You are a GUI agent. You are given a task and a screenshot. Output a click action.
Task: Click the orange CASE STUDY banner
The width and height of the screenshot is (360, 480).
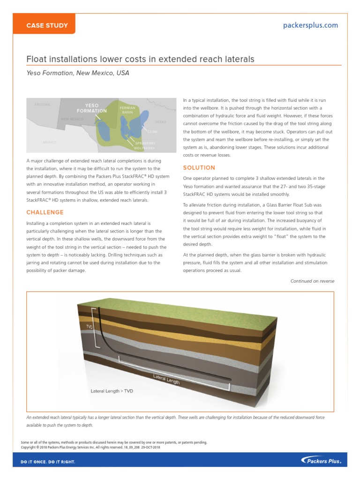[x=47, y=25]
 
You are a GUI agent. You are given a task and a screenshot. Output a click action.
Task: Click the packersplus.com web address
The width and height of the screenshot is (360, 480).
[x=310, y=25]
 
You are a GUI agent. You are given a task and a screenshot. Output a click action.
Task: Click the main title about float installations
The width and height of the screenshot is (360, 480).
[x=140, y=59]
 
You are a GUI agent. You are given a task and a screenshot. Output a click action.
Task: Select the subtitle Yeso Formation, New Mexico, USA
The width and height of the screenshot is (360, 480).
[x=77, y=73]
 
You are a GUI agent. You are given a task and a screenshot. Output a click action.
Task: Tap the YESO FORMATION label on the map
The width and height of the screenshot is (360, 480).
[x=92, y=108]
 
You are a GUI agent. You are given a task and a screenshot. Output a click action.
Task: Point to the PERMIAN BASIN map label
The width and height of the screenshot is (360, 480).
[x=127, y=110]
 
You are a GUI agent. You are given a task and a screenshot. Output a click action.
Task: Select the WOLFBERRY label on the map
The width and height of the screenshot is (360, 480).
[x=145, y=148]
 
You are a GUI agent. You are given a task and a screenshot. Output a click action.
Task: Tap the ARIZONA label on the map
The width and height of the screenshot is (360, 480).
[x=42, y=105]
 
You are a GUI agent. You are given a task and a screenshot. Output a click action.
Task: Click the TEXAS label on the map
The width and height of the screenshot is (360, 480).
[x=161, y=121]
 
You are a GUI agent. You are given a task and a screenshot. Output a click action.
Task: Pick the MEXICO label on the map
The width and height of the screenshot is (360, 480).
[x=50, y=142]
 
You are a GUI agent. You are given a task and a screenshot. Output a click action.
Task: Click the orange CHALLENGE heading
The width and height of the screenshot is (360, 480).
[x=45, y=212]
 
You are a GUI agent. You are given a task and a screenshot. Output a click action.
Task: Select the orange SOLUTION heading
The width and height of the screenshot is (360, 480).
[x=199, y=168]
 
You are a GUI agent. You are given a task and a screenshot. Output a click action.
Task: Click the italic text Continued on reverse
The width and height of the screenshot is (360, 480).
[x=312, y=281]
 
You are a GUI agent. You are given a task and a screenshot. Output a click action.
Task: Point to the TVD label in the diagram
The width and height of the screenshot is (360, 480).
[x=89, y=326]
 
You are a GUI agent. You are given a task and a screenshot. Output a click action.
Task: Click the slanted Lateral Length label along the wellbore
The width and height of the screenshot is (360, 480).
[x=166, y=379]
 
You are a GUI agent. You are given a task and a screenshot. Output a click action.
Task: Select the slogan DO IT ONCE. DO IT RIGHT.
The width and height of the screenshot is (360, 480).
[x=48, y=462]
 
